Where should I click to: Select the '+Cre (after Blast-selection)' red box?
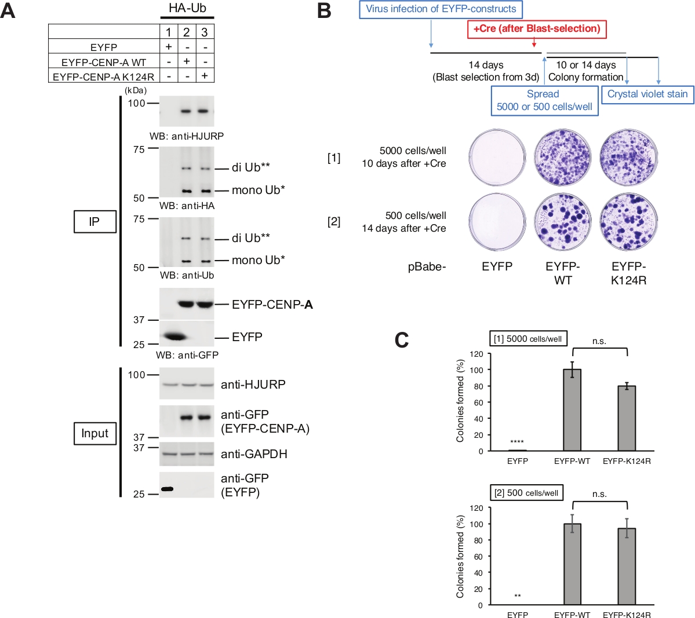coord(537,28)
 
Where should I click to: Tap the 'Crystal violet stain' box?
coord(647,94)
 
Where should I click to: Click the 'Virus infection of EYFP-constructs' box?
coord(441,9)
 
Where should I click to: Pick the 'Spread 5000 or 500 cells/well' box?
coord(544,100)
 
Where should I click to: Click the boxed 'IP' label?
coord(94,222)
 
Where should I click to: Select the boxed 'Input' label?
coord(94,433)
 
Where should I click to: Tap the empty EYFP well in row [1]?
coord(497,157)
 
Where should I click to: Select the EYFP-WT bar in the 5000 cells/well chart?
coord(572,409)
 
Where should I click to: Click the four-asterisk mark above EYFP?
coord(517,442)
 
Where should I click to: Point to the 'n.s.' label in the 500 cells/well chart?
coord(599,494)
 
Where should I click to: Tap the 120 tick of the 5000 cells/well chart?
coord(476,354)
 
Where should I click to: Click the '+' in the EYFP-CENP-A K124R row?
coord(205,76)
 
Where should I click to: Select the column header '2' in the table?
coord(187,32)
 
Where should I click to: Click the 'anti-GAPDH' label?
coord(254,454)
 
